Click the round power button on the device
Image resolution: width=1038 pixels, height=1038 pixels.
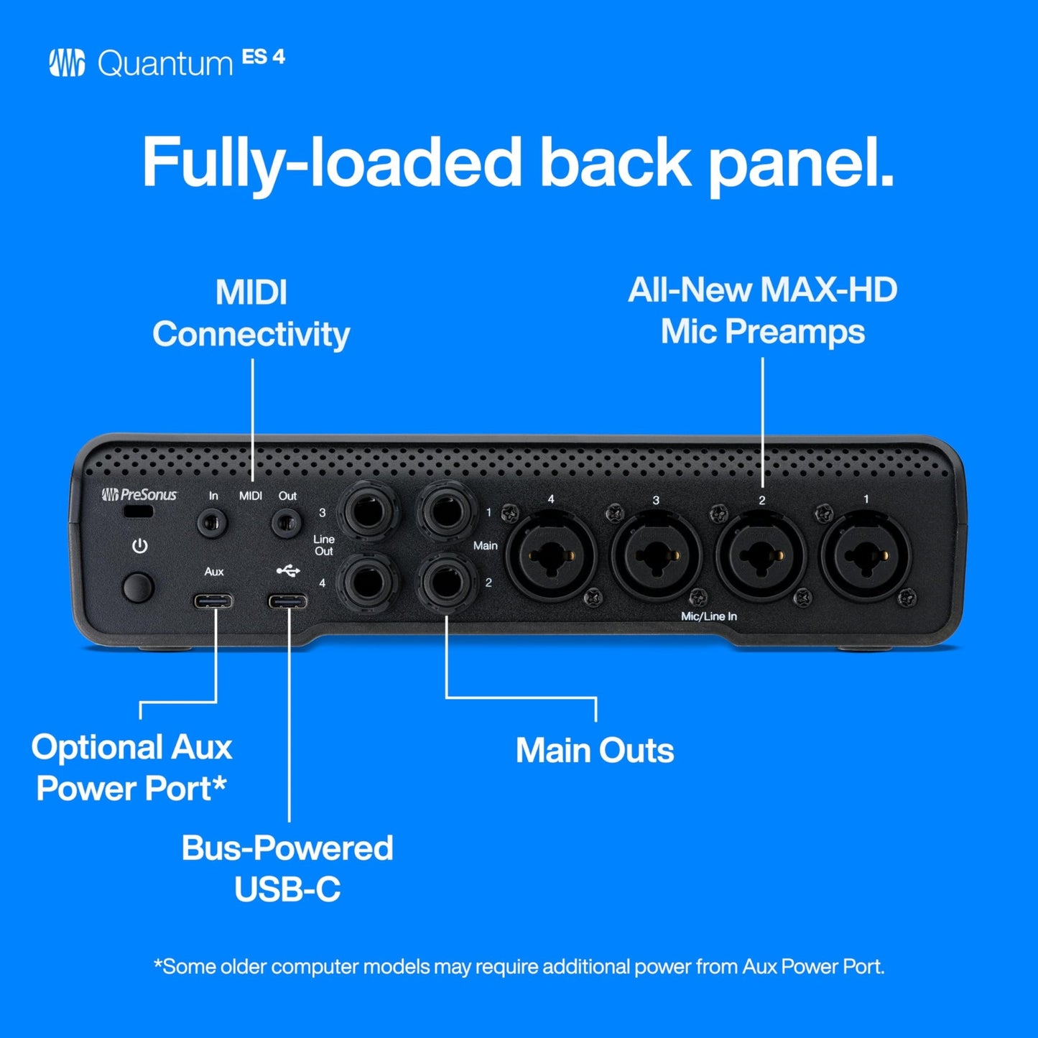point(138,587)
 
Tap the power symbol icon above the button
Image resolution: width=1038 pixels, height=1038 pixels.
point(139,547)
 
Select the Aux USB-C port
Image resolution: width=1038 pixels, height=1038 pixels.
point(213,601)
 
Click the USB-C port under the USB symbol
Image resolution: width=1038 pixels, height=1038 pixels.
point(288,601)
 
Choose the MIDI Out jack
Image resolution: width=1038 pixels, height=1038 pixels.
point(286,522)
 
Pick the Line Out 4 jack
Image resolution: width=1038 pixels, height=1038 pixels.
point(369,581)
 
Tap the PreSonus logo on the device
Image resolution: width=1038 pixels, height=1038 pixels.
point(139,494)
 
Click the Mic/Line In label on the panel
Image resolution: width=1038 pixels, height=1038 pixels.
point(708,616)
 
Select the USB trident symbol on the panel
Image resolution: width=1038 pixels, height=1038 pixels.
point(288,571)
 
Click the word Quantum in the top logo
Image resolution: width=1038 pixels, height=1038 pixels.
point(165,64)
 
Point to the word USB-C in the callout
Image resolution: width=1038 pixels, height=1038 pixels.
point(287,889)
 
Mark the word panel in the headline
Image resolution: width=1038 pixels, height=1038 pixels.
point(800,164)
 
